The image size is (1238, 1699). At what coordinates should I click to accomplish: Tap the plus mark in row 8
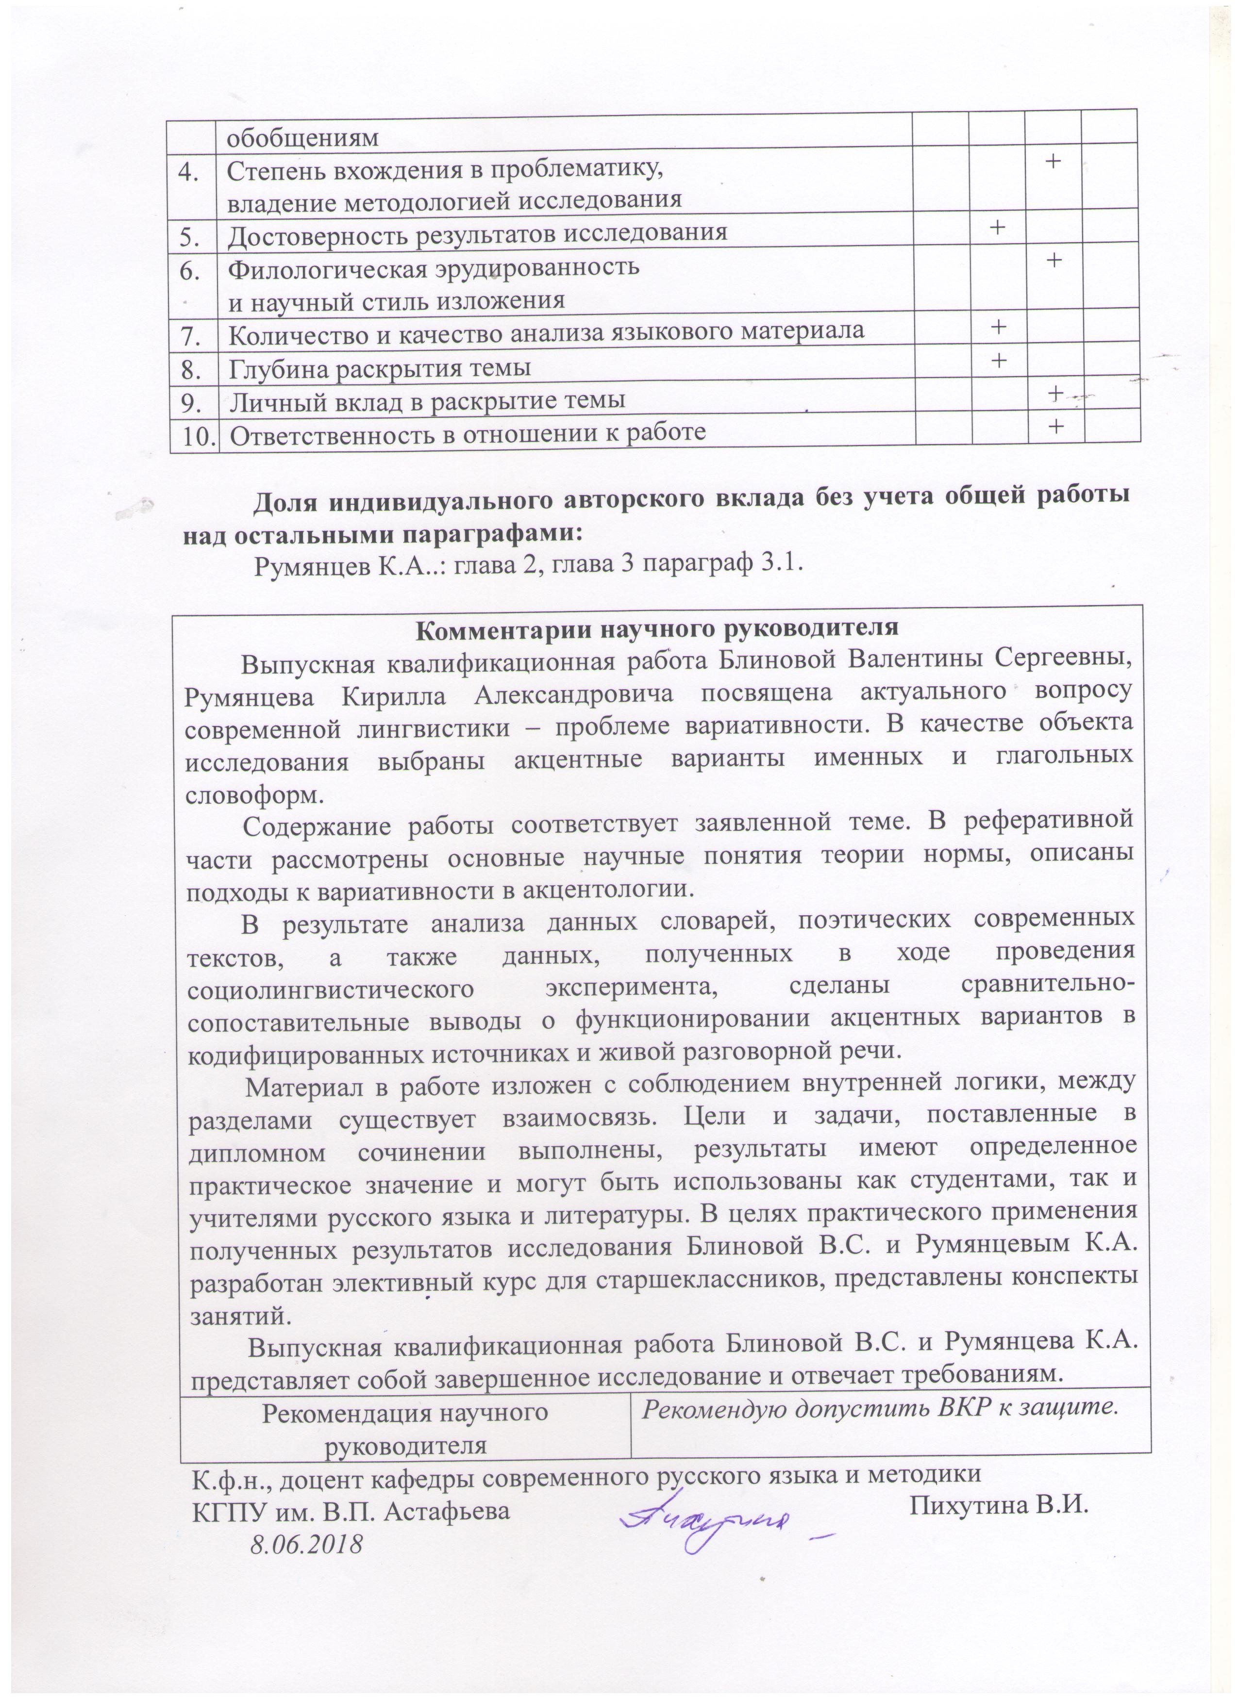coord(998,360)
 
